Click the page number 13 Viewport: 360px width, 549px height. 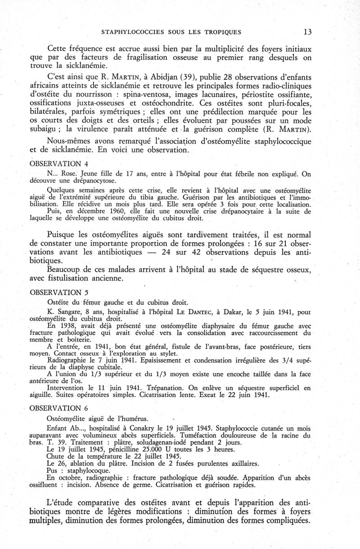[x=307, y=31]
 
